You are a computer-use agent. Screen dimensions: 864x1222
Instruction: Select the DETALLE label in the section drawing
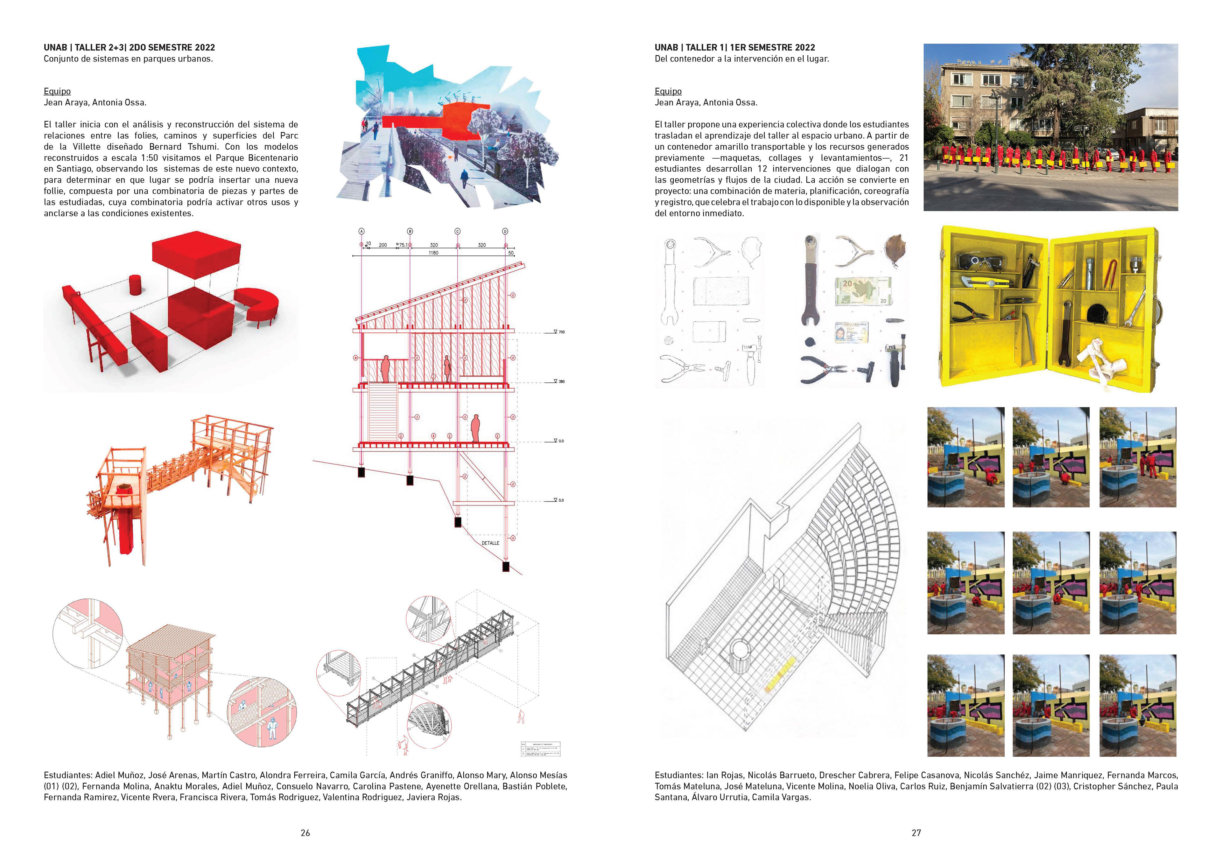point(490,543)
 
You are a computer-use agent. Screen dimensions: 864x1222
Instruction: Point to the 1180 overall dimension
point(433,253)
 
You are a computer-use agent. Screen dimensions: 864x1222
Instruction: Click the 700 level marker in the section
point(561,332)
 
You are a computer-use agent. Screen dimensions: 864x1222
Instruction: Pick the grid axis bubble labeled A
point(362,232)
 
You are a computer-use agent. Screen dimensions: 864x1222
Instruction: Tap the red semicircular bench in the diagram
point(258,306)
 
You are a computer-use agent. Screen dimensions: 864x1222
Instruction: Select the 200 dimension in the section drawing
point(383,245)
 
